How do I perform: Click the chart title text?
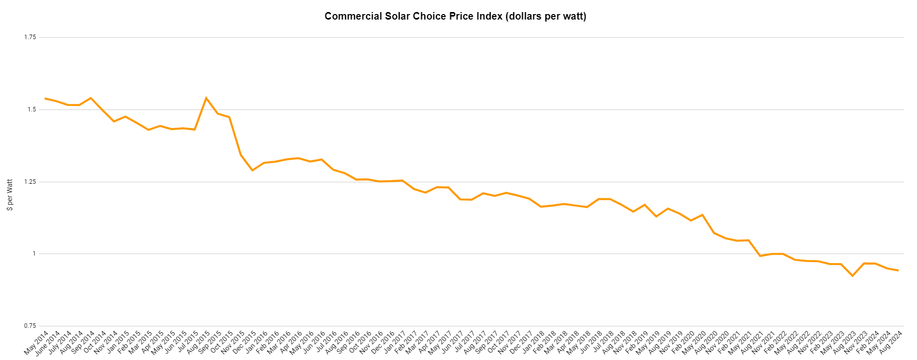[455, 16]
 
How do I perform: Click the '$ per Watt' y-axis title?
[10, 195]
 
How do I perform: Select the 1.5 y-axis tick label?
[32, 109]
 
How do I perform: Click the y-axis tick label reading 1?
[34, 254]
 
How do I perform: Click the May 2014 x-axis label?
[37, 342]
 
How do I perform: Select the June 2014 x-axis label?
[47, 343]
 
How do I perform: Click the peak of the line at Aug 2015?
[206, 98]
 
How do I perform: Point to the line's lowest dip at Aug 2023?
[852, 276]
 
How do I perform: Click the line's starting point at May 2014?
[45, 98]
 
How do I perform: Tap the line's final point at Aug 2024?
[898, 271]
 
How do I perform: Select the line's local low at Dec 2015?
[252, 171]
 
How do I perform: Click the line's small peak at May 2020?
[702, 215]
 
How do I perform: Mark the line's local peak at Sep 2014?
[91, 98]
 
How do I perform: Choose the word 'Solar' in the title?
[398, 16]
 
